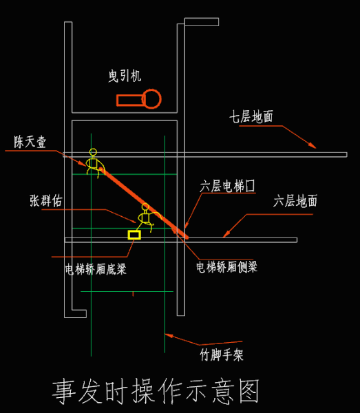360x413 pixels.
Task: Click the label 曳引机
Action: (x=125, y=76)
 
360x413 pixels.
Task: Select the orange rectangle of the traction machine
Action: (x=130, y=100)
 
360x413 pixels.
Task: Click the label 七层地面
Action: (x=251, y=116)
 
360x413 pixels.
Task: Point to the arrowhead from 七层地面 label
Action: (x=313, y=145)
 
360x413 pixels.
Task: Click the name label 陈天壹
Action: (x=30, y=142)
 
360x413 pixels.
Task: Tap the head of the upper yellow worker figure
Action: (x=93, y=152)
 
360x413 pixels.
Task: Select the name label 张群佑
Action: (x=46, y=201)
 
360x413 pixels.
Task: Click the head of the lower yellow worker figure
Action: (x=145, y=206)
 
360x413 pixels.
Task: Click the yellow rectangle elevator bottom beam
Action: (x=134, y=235)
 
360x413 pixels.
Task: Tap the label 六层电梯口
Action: (x=228, y=186)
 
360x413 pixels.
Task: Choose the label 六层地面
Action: (x=295, y=201)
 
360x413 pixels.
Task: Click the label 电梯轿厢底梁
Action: (x=96, y=269)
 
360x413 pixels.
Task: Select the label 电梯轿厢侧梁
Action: (x=226, y=267)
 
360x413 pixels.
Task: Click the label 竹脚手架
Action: (x=222, y=355)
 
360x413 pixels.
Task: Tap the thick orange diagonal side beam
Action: (x=144, y=202)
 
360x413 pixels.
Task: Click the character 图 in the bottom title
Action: (x=249, y=391)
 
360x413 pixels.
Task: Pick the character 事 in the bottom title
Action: (x=64, y=392)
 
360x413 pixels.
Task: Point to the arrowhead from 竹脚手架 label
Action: (x=169, y=336)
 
